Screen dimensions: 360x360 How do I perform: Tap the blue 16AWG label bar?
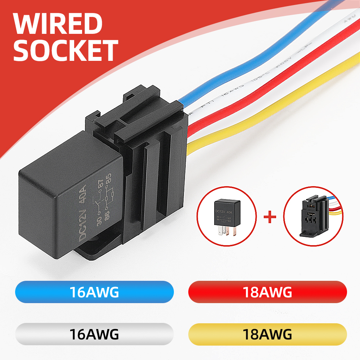(94, 292)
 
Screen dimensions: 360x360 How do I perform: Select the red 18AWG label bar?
(267, 292)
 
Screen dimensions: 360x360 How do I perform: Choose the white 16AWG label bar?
(94, 334)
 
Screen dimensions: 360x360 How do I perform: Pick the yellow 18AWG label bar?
(267, 334)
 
